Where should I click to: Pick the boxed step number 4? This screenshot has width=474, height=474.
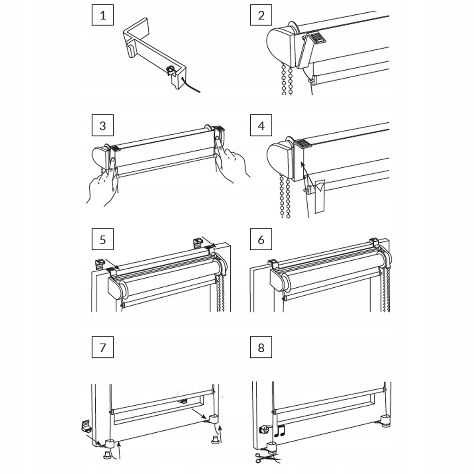tap(261, 126)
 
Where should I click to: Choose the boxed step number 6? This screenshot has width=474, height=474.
tap(261, 239)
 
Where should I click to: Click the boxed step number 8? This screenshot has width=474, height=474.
tap(261, 348)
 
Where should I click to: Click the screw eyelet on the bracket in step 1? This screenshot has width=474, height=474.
tap(169, 70)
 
